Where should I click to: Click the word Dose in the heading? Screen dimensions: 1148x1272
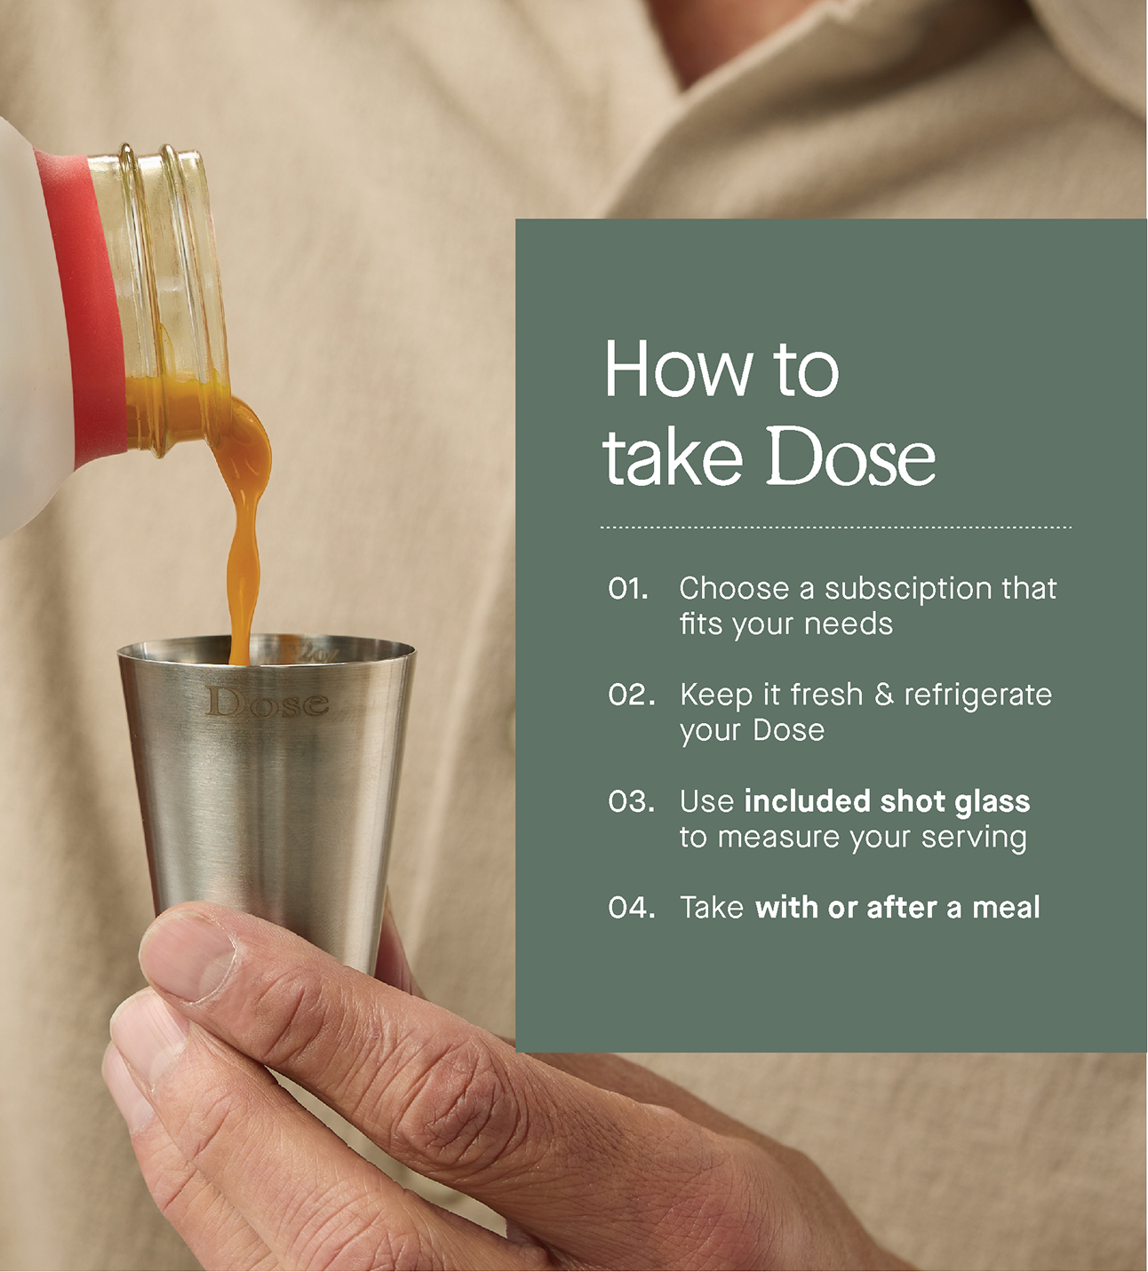coord(851,456)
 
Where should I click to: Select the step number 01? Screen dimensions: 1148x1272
coord(628,588)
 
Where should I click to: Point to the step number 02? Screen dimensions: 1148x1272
coord(631,695)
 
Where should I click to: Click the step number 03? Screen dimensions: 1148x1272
coord(631,801)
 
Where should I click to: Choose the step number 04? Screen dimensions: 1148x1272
coord(631,908)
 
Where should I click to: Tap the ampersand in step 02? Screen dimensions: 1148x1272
coord(883,695)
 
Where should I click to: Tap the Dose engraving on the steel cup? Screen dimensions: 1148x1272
coord(267,703)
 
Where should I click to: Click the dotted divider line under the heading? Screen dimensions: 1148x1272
coord(835,527)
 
